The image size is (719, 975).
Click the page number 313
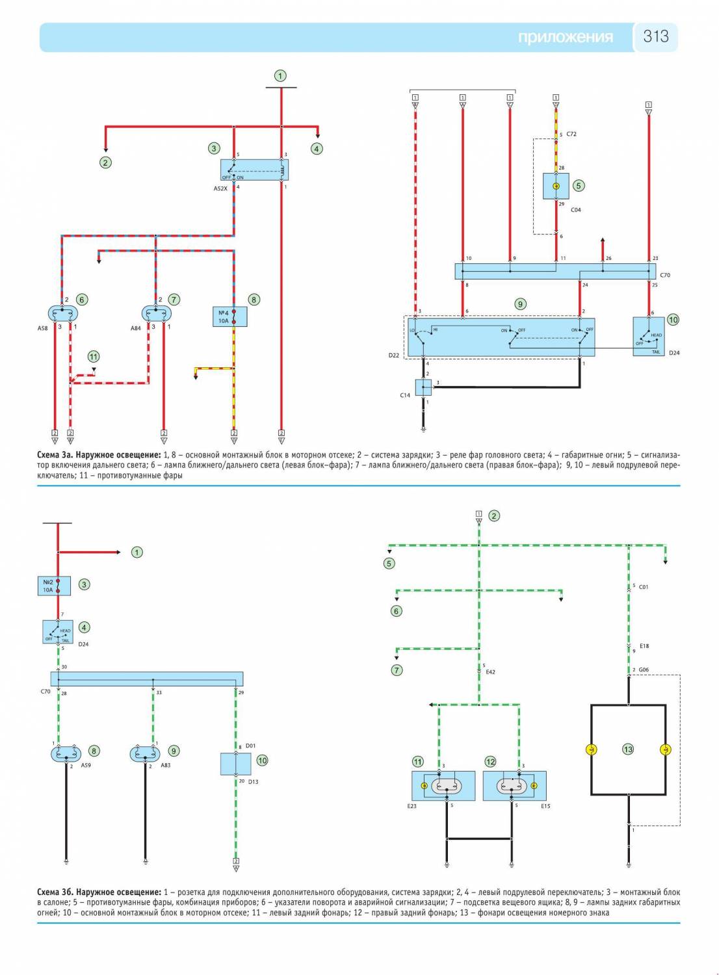click(655, 36)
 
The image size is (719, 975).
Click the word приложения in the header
click(565, 37)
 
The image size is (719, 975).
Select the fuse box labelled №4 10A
click(229, 317)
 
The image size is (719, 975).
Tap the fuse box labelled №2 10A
click(54, 586)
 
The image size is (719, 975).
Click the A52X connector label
click(220, 188)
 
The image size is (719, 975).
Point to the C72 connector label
click(571, 134)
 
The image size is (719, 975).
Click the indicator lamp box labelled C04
click(556, 186)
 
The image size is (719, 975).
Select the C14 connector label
click(405, 395)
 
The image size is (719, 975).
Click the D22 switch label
click(394, 356)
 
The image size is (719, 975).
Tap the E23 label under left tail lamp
click(412, 806)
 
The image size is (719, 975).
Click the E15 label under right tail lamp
click(545, 806)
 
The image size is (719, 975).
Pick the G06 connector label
click(643, 669)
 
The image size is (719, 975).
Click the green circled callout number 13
click(628, 749)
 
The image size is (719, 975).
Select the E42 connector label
click(490, 671)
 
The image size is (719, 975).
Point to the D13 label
click(253, 781)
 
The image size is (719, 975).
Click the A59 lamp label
click(86, 765)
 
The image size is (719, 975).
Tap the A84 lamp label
click(136, 328)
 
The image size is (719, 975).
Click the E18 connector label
click(644, 646)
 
